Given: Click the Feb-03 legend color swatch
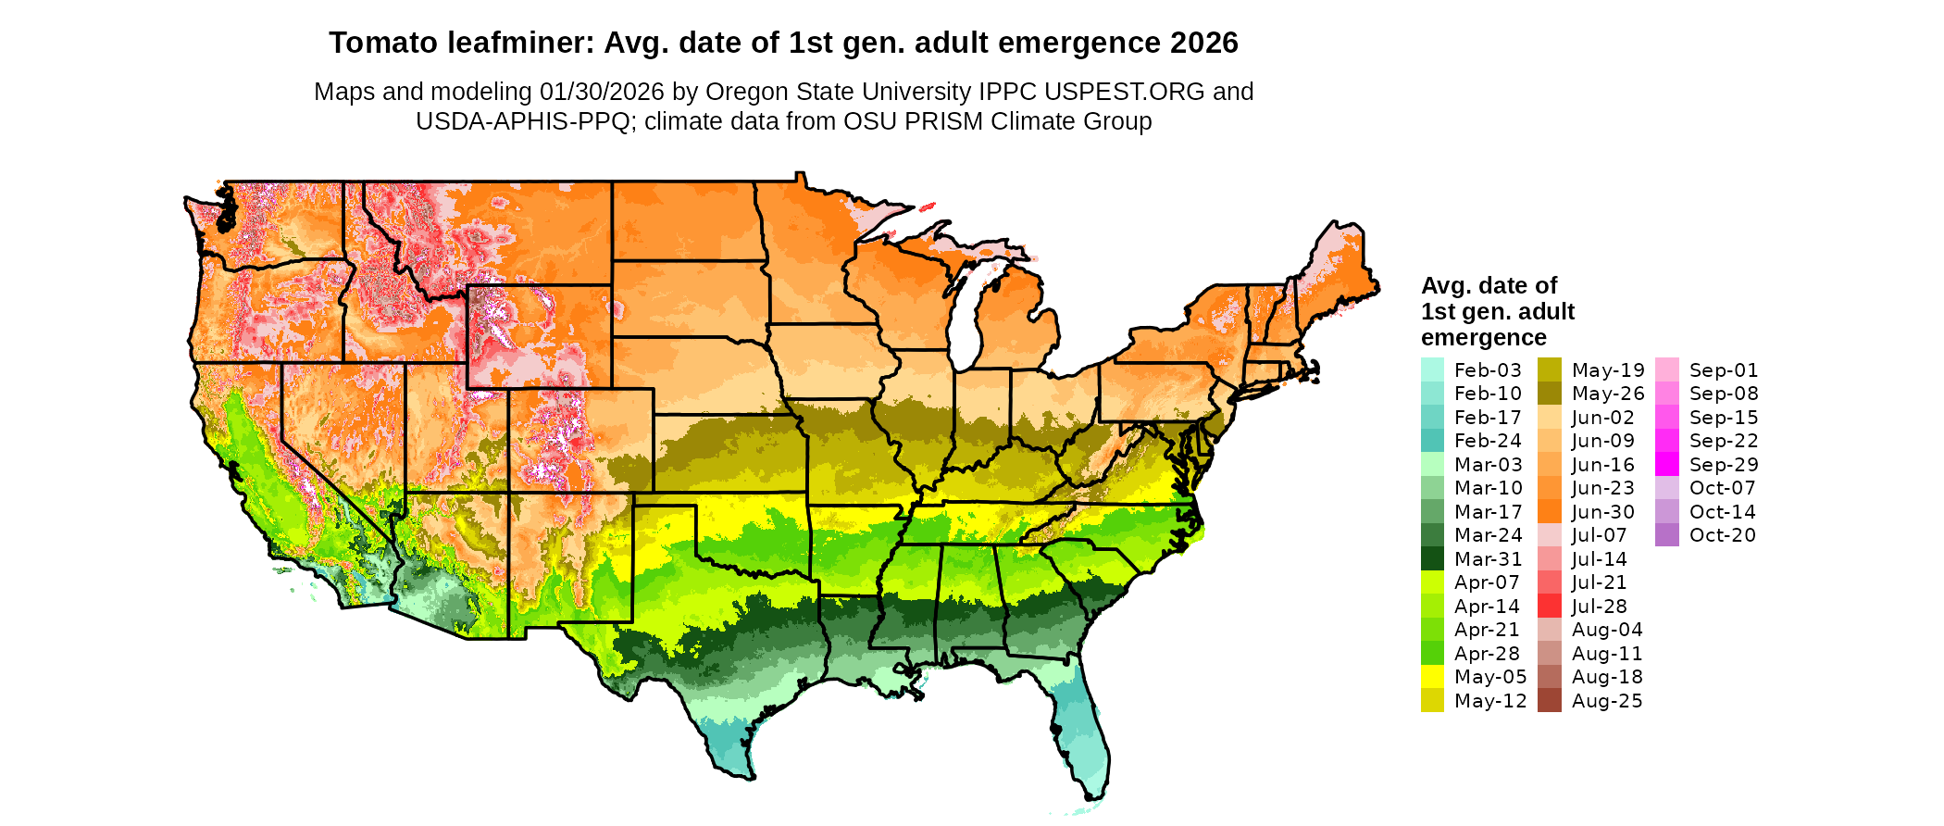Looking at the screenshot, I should [1432, 369].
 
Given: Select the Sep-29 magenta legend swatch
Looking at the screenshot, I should [1667, 464].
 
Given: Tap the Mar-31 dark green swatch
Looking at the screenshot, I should [1432, 558].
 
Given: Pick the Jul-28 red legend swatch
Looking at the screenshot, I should [1550, 606].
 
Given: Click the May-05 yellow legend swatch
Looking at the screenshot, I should [1432, 676].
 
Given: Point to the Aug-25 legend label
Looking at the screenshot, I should [1607, 701].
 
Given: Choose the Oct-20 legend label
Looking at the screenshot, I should [1723, 535].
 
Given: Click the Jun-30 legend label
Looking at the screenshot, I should [1603, 512].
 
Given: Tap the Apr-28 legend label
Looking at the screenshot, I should [1487, 653].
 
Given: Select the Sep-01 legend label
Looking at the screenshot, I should [1724, 370].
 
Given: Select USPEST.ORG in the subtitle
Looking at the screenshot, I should [1125, 92].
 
